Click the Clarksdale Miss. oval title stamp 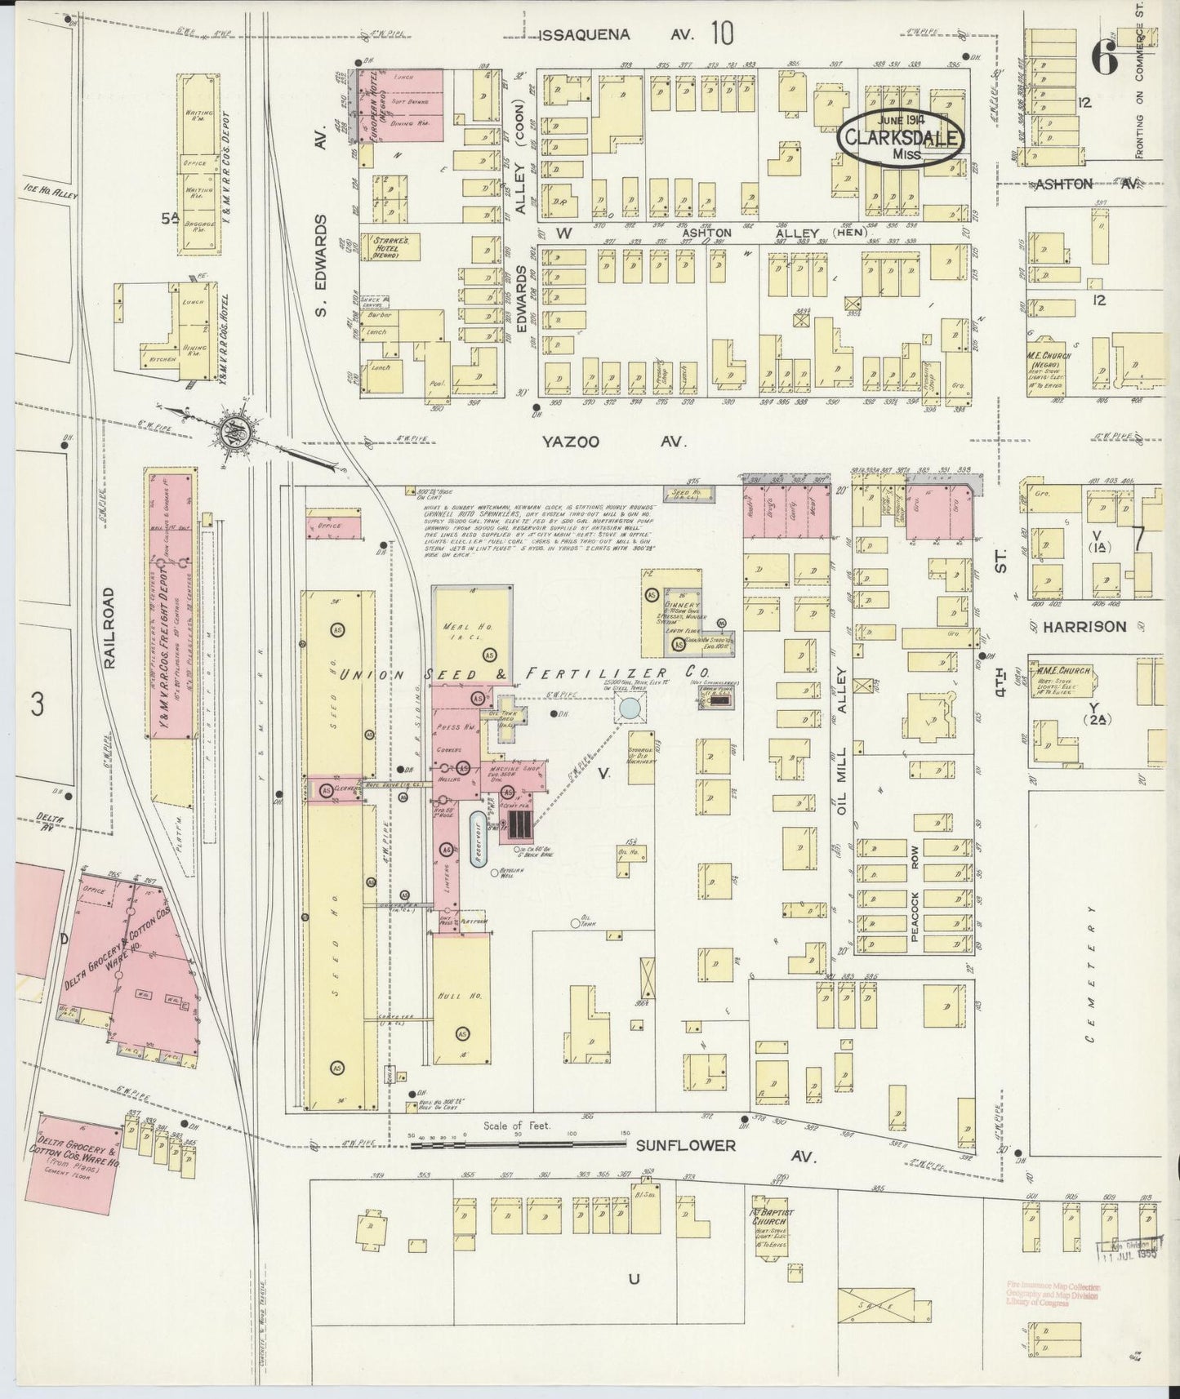[901, 140]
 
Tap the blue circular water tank [630, 708]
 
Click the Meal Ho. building [472, 628]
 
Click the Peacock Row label [915, 894]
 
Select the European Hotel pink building [401, 104]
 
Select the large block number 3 [37, 704]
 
